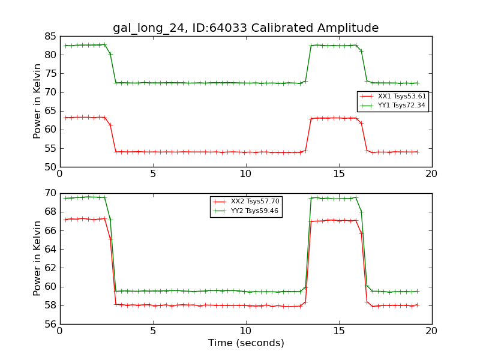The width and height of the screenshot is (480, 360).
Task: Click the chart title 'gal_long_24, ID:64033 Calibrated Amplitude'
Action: [x=245, y=28]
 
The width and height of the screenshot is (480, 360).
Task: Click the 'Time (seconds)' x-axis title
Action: [x=246, y=343]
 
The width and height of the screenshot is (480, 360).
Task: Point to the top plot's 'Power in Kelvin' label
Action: [x=37, y=101]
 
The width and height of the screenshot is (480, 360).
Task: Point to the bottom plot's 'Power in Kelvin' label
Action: [x=37, y=258]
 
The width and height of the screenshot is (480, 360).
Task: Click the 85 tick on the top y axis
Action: [x=49, y=36]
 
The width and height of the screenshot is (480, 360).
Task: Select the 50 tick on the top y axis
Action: [x=49, y=167]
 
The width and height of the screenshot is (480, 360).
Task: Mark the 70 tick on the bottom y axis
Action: [x=49, y=193]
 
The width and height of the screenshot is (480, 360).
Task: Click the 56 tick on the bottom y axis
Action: [x=49, y=324]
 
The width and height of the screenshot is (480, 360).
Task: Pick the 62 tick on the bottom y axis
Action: [x=49, y=268]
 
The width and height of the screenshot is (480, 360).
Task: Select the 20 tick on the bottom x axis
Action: [x=431, y=331]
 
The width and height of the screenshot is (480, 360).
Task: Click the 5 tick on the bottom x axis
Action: [x=153, y=331]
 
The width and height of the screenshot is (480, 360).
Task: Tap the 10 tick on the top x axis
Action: [x=246, y=173]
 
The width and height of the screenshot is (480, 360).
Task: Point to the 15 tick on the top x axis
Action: [x=338, y=173]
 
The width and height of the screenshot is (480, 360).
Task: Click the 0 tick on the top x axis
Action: [x=60, y=173]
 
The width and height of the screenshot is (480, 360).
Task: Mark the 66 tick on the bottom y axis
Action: [x=49, y=230]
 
